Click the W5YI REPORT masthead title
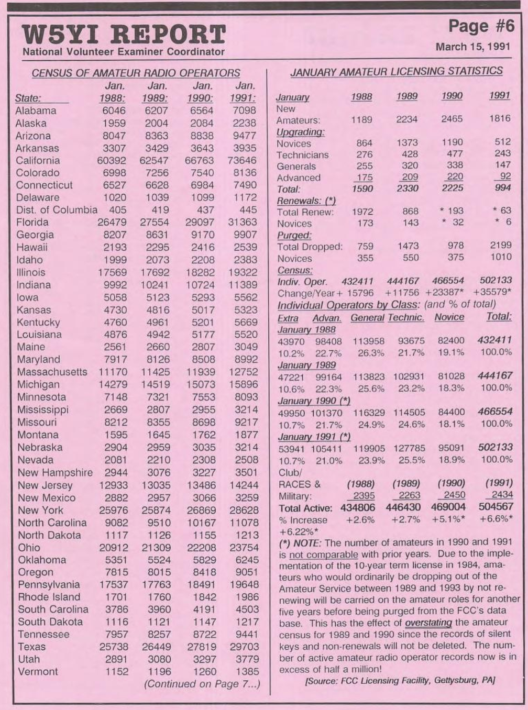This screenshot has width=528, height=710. pos(124,35)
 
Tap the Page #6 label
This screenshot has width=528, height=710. pos(481,25)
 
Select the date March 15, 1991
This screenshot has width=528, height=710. pos(472,46)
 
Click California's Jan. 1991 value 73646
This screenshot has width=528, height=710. pos(242,161)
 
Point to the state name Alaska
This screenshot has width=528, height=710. pos(31,123)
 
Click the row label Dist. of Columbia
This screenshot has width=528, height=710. pos(57,210)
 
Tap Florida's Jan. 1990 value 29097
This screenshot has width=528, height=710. pos(200,222)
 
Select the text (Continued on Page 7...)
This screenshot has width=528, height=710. pos(202,684)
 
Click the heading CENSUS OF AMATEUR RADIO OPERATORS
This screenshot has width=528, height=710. pos(136,73)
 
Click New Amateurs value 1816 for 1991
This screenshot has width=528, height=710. pos(499,118)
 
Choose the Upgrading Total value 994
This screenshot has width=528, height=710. pos(502,188)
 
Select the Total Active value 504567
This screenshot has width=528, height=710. pos(496,507)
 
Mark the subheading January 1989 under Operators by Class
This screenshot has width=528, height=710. pos(306,365)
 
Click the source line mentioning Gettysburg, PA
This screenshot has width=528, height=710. pos(400,680)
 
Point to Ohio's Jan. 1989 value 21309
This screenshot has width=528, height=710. pos(155,548)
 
